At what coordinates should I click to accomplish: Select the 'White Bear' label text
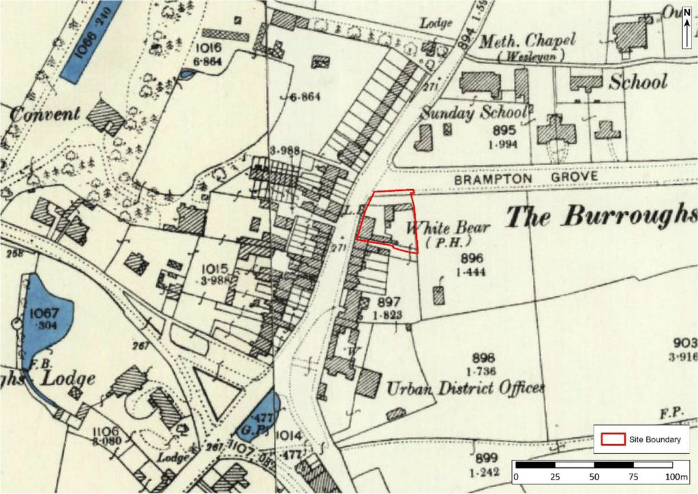[x=448, y=228]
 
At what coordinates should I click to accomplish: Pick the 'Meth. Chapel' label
[x=528, y=42]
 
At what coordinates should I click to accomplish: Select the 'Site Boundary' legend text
[x=654, y=440]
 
